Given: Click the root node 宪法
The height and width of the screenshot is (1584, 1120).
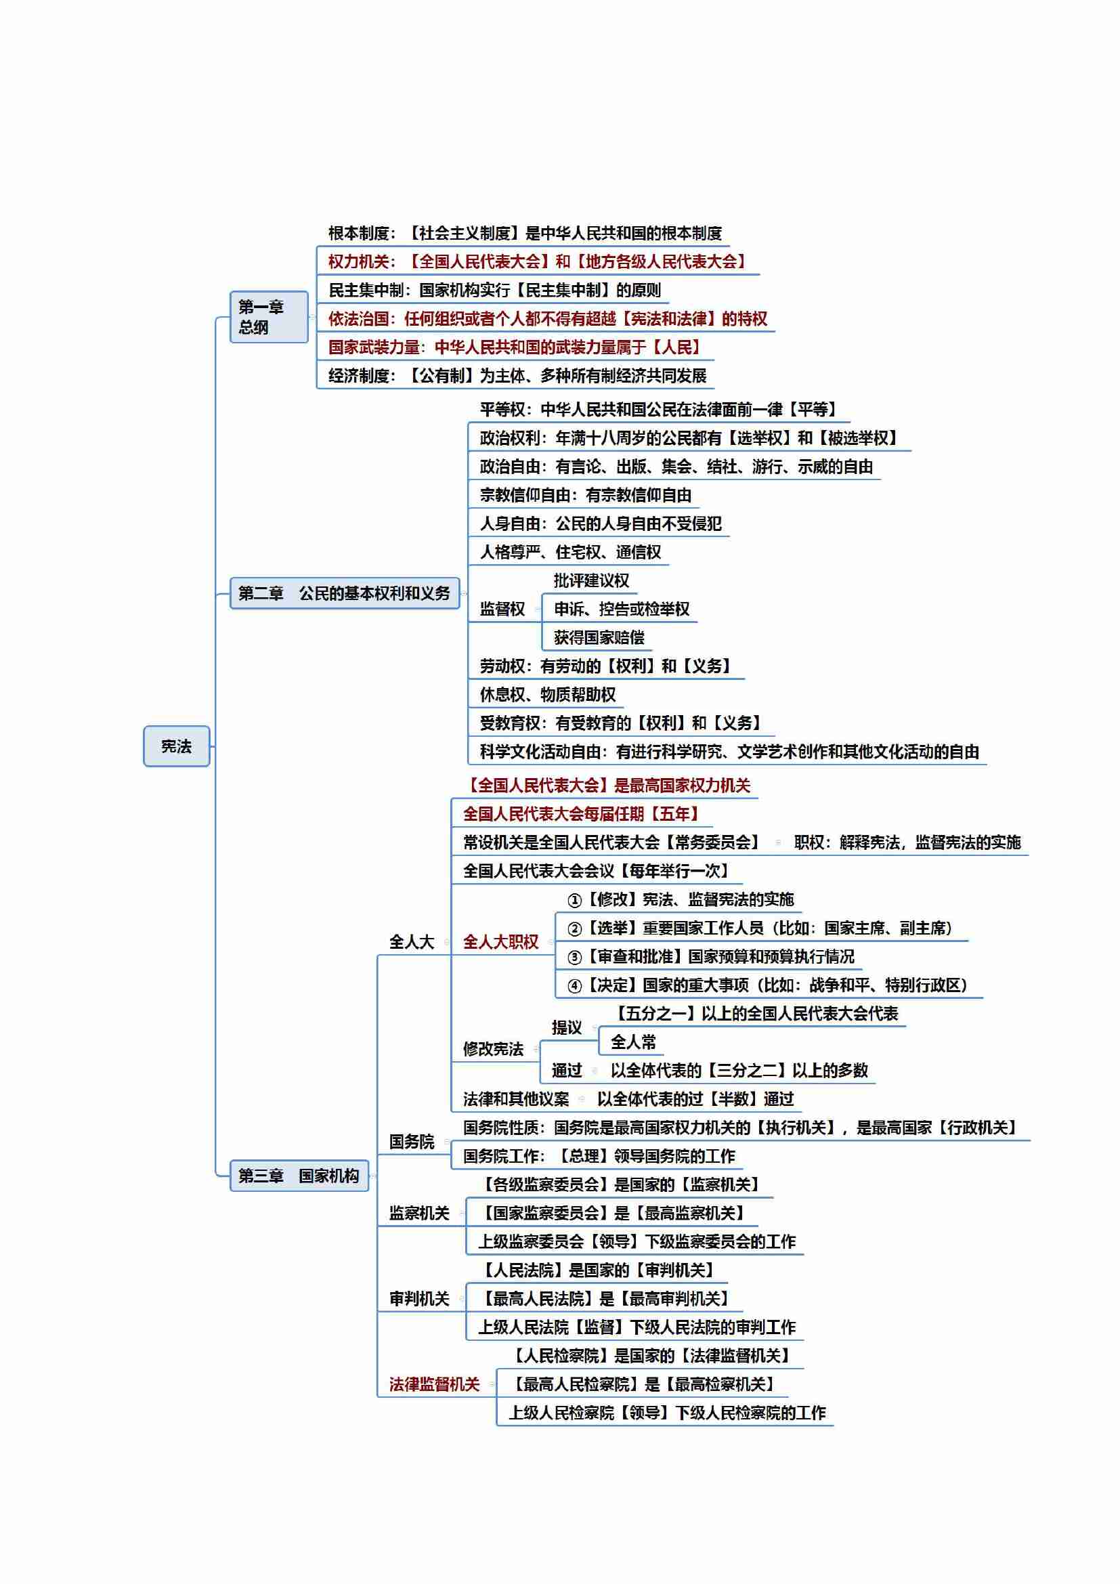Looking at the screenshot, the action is pos(177,746).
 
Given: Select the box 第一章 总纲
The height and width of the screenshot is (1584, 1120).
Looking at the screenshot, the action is pos(269,317).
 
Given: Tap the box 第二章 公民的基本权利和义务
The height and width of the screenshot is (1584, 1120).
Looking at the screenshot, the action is pos(345,593).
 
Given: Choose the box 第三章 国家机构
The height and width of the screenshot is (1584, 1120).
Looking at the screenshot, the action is pos(299,1176).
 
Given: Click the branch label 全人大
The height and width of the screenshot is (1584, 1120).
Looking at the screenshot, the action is pos(412,942).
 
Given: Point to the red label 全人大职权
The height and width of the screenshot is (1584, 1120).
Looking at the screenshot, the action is pos(500,942).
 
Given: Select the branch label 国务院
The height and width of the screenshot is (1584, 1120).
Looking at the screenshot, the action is pos(412,1142).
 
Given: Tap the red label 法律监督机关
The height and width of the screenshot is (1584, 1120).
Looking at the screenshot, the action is pos(435,1384).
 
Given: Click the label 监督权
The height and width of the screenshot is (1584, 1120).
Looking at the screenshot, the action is pos(502,609).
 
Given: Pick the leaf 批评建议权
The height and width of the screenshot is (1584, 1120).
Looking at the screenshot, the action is pos(592,580).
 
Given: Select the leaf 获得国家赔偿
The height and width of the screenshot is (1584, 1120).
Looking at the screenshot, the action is pos(599,637).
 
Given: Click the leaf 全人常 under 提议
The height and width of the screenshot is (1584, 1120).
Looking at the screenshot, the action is pos(633,1041).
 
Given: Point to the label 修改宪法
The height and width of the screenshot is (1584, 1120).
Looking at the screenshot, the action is pos(493,1048).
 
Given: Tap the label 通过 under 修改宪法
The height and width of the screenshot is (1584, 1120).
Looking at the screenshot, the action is pos(567,1070).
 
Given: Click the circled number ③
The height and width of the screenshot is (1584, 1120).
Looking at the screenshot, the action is pos(574,957).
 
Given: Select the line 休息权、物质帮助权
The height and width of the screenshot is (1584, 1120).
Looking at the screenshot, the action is pos(548,694).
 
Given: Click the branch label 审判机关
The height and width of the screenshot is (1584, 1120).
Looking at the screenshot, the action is pos(419,1298).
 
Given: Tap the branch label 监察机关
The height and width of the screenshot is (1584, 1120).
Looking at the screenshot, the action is pos(419,1213).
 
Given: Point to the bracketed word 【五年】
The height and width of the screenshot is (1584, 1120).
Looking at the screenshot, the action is pos(675,813).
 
